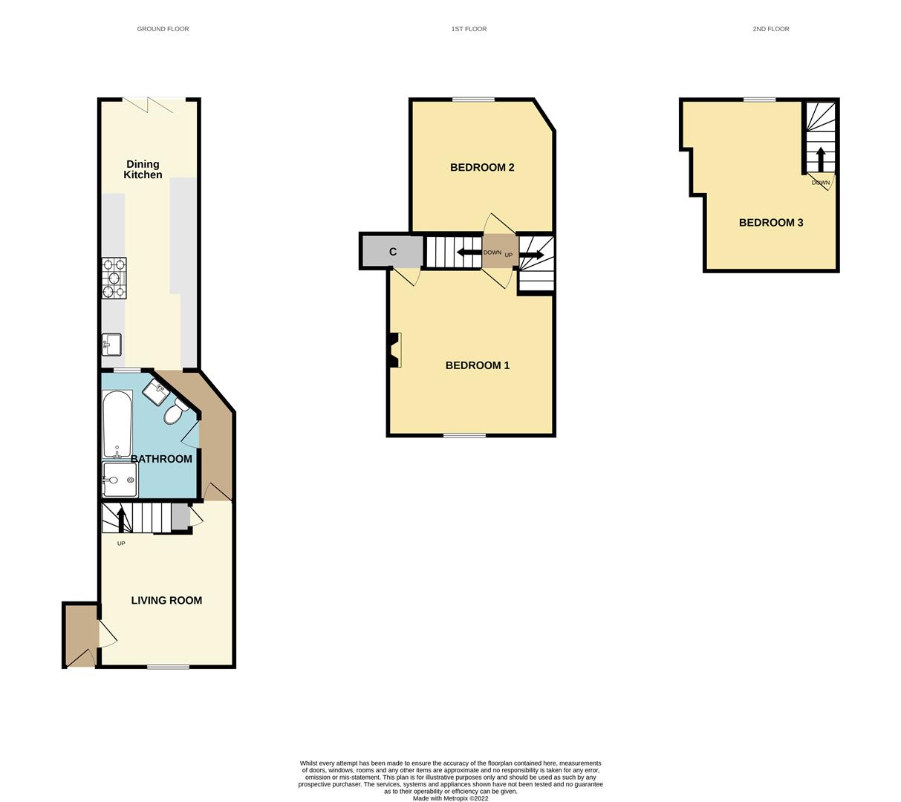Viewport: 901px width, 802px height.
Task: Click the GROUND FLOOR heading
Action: point(163,29)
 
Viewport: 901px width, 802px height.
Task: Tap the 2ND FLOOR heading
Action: point(770,29)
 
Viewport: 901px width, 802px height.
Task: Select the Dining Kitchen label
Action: point(143,169)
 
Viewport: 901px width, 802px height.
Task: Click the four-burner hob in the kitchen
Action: point(114,278)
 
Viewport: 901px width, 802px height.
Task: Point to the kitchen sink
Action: point(112,345)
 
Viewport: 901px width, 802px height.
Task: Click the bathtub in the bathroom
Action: point(117,424)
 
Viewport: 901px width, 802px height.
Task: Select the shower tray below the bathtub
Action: point(120,480)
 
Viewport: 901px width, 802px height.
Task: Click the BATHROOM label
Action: point(161,459)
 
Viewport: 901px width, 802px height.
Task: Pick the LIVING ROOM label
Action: point(166,600)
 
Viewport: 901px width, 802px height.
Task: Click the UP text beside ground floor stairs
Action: point(121,544)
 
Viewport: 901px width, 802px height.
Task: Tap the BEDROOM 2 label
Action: point(482,167)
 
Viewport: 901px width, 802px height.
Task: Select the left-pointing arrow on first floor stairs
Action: point(469,252)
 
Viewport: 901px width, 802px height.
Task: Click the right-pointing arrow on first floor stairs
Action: point(532,255)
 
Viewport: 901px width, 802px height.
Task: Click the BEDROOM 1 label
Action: point(477,365)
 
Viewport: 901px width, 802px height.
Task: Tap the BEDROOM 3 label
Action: point(770,222)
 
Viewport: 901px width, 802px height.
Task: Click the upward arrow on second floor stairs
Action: point(820,159)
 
